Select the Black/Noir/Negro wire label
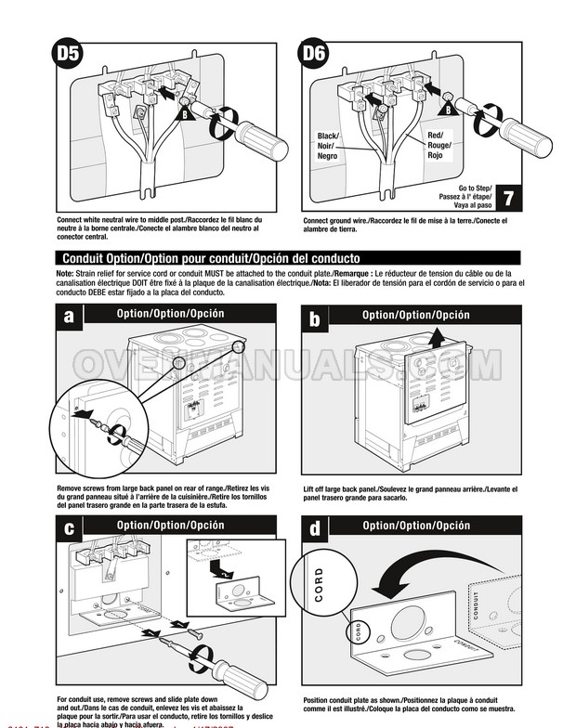point(328,147)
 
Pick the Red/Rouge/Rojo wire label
point(439,145)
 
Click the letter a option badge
point(70,318)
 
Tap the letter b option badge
point(316,318)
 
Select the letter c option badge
point(70,528)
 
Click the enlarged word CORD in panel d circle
point(320,585)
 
